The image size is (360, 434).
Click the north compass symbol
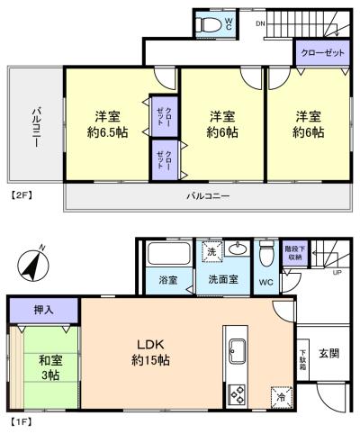33,265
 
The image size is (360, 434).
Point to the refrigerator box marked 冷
282,397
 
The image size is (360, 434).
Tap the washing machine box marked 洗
212,251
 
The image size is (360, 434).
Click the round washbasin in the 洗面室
238,249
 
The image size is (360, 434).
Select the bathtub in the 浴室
168,254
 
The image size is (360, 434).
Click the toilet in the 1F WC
266,253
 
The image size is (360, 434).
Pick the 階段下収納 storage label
294,253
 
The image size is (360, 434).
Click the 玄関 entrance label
328,354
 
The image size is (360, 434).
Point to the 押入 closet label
44,310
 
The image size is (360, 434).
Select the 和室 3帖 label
50,367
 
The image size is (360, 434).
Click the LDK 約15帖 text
150,352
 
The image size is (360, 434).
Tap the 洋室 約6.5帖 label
108,124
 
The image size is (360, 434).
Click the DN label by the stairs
260,23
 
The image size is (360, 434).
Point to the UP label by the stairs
337,273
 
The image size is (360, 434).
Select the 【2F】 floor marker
22,195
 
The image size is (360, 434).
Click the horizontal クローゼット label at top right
322,53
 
